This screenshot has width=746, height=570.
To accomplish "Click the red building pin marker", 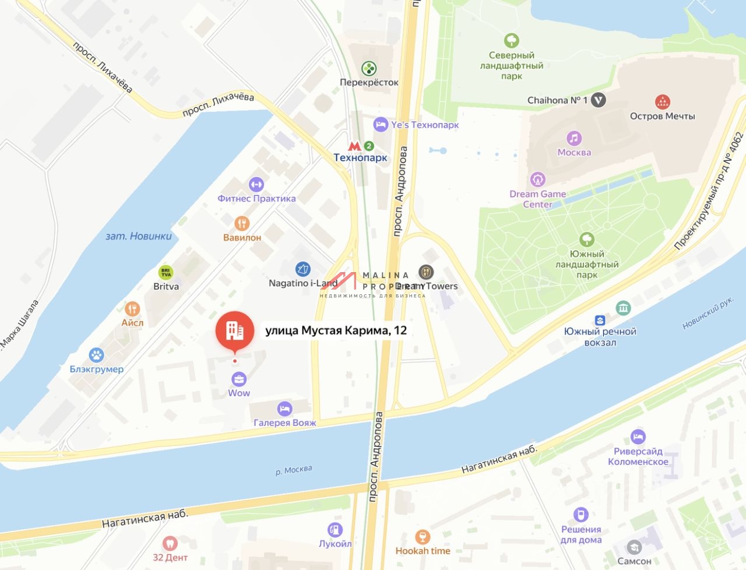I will [x=235, y=330].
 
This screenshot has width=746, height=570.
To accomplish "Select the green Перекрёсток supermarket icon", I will [x=369, y=69].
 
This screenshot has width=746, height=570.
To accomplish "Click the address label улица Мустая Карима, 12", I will [x=336, y=330].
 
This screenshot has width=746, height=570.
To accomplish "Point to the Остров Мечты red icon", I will [x=662, y=102].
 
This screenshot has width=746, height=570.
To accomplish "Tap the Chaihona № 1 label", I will [x=557, y=100].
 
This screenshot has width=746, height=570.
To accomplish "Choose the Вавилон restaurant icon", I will [x=242, y=223].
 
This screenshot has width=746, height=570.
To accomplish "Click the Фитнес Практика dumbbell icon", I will [x=256, y=185].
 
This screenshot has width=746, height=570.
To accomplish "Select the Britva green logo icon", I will [x=166, y=272].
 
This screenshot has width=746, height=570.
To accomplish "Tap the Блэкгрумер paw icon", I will [x=96, y=355].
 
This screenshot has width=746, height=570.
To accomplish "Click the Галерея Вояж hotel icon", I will [x=284, y=409].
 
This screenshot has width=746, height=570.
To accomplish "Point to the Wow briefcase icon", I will [x=239, y=379].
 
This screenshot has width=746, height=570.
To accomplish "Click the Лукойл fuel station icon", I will [x=335, y=529].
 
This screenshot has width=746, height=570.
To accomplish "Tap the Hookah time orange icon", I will [x=423, y=537].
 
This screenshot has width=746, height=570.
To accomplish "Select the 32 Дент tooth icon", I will [x=170, y=543].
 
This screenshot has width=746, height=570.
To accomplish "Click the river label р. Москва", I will [x=294, y=470].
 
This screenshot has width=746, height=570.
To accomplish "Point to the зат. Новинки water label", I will [x=139, y=236].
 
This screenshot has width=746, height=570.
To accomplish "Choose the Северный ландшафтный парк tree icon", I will [x=512, y=41].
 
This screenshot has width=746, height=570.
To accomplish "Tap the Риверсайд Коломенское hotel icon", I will [x=638, y=437].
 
